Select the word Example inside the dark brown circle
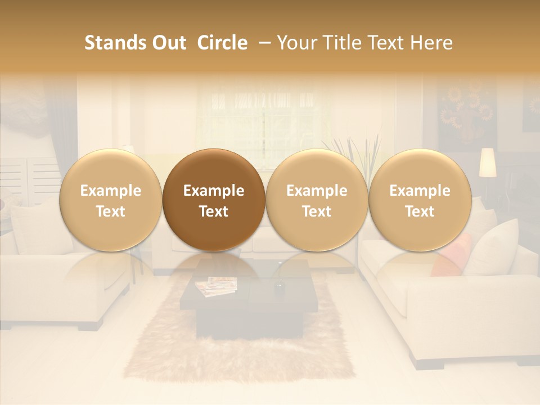[214, 191]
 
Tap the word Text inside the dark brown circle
[214, 211]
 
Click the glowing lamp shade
[488, 162]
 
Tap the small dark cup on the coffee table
[279, 286]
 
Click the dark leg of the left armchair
[90, 326]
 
